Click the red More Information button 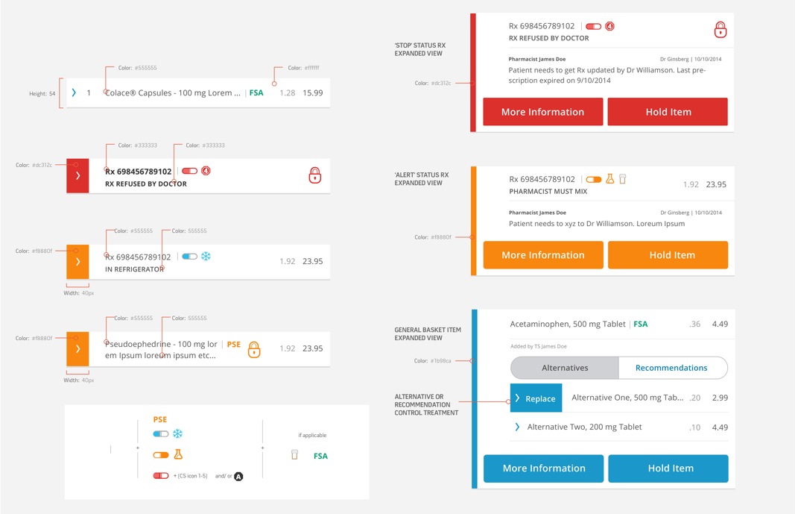click(542, 112)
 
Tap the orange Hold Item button click(668, 254)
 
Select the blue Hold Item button click(668, 468)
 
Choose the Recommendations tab click(671, 368)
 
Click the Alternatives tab click(565, 368)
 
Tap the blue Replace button click(536, 398)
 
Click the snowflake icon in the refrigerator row click(206, 256)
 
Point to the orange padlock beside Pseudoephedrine click(254, 349)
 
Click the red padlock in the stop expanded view click(720, 30)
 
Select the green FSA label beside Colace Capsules click(256, 93)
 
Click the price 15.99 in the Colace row click(313, 93)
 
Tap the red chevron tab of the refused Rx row click(77, 175)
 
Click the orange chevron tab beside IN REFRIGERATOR click(77, 262)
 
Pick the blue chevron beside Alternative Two click(516, 427)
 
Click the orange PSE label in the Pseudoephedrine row click(234, 344)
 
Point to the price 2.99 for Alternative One click(720, 398)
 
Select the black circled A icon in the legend click(238, 477)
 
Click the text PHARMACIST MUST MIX click(548, 191)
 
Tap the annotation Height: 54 click(42, 94)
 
